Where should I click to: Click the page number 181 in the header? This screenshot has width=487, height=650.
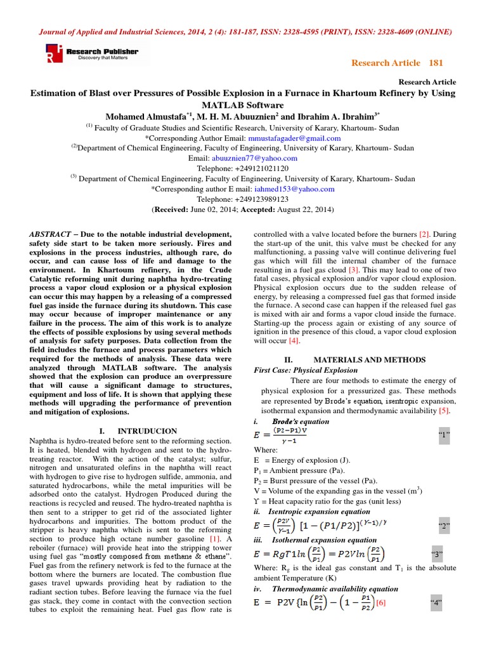(436, 62)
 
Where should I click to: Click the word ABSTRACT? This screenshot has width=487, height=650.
(50, 234)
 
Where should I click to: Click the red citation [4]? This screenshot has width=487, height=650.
(294, 341)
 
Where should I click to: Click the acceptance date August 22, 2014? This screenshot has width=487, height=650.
(302, 209)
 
